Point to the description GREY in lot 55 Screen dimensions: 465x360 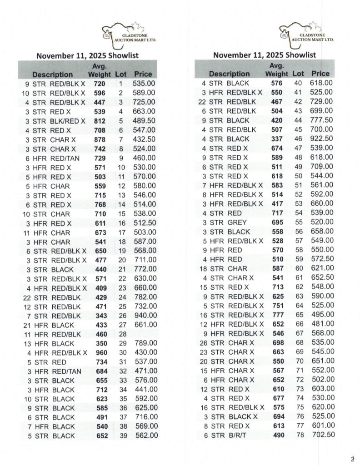[236, 223]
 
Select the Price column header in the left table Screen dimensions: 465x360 [143, 74]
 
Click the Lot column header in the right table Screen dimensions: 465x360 [298, 74]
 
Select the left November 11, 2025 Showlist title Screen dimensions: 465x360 [87, 55]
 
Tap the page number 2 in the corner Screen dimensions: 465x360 [352, 458]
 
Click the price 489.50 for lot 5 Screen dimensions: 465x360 [144, 120]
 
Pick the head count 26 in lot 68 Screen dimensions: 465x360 [203, 343]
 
